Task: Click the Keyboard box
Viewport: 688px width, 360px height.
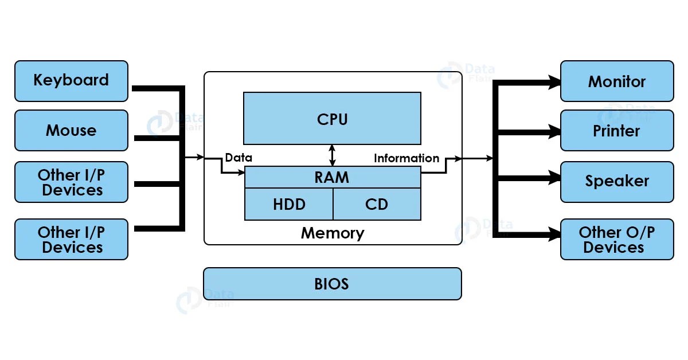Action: [71, 81]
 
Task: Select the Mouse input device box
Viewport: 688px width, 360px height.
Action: [71, 131]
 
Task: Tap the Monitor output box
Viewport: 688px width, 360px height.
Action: [617, 81]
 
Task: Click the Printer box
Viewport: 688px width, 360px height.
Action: [617, 131]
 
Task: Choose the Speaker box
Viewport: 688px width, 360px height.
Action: [617, 182]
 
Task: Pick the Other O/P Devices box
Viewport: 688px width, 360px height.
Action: [617, 240]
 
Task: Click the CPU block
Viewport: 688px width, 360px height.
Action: [332, 119]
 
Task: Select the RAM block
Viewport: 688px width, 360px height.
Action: [332, 177]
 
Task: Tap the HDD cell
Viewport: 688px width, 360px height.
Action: [289, 204]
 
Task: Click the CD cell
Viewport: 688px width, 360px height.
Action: [376, 204]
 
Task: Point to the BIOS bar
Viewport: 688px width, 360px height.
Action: [332, 284]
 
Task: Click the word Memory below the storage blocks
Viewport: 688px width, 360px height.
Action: [333, 233]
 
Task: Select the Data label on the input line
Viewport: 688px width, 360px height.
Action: [239, 158]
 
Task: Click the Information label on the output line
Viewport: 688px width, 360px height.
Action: [406, 158]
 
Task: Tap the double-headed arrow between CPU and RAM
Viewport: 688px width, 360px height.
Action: [332, 155]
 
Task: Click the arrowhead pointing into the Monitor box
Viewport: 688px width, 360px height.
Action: [555, 83]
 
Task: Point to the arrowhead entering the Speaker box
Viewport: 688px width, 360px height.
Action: [555, 178]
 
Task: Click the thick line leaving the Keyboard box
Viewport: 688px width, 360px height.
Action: [155, 88]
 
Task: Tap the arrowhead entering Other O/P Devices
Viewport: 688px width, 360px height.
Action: [555, 234]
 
